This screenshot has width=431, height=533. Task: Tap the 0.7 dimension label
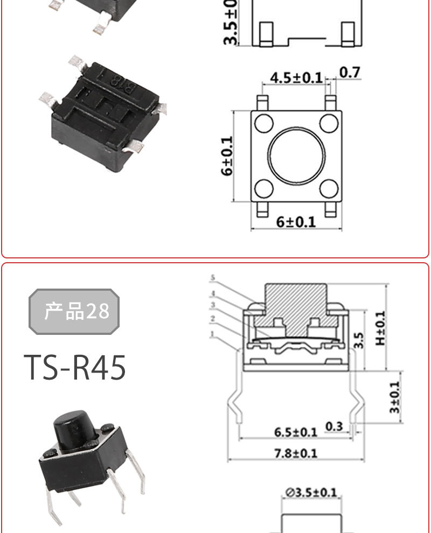pos(350,72)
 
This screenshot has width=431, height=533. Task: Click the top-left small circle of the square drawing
pos(264,123)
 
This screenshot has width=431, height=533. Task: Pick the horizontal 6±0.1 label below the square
pos(296,222)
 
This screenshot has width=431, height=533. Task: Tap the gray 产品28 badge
pos(74,311)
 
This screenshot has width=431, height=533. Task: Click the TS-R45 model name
pos(75,368)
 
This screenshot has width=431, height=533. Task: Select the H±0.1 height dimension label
pos(381,328)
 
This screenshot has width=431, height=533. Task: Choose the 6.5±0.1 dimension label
pos(295,432)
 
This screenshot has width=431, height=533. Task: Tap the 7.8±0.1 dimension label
pos(296,453)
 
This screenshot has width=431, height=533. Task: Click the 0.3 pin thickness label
pos(334,426)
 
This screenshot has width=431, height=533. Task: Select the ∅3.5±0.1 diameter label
pos(311,492)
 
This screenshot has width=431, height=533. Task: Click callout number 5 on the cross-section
pos(213,278)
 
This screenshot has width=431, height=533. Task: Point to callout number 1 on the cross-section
pos(213,334)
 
